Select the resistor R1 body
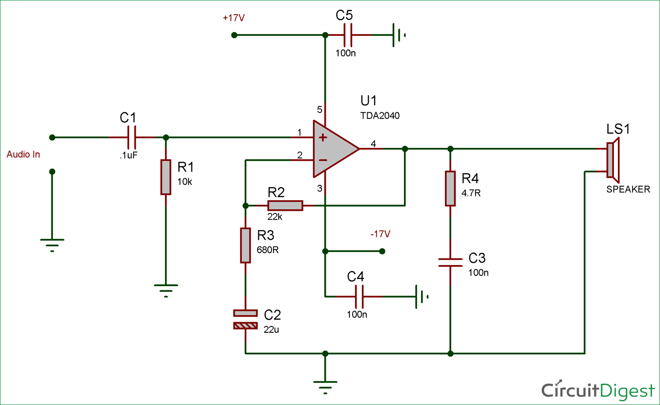coord(165,177)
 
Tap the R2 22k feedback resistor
coord(285,206)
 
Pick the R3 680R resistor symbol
coord(245,245)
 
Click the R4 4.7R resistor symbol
coord(450,189)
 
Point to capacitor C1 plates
coord(132,138)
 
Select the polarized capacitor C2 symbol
coord(245,319)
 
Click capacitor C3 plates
coord(450,262)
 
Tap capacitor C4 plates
coord(358,297)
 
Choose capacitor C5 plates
coord(347,35)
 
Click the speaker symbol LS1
coord(612,160)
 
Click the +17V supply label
coord(234,18)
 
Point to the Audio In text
coord(23,154)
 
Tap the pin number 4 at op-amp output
coord(373,143)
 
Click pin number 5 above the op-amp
coord(319,110)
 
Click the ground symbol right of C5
coord(399,35)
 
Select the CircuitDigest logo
coord(598,390)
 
